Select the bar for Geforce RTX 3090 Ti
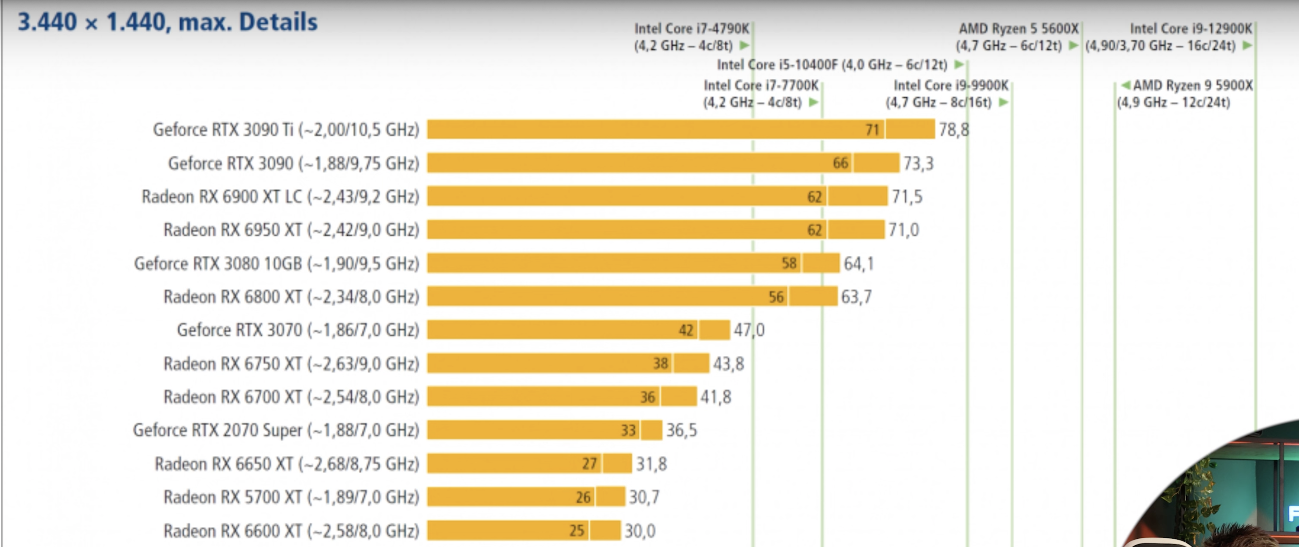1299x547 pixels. pos(655,130)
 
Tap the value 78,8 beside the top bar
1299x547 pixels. pos(954,130)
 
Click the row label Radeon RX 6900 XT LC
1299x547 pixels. pos(280,197)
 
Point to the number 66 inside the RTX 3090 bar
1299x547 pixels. pos(840,163)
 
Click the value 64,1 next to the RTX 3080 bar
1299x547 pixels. pos(859,264)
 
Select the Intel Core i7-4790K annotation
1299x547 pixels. pos(691,37)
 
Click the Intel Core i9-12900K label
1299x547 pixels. pos(1191,29)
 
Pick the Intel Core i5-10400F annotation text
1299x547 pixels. pos(832,65)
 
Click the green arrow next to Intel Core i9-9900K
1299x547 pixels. pos(1003,103)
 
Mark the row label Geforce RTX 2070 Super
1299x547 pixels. pos(276,431)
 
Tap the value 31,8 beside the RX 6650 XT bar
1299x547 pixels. pos(651,464)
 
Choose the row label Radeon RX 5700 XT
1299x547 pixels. pos(291,498)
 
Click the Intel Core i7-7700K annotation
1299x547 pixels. pos(760,94)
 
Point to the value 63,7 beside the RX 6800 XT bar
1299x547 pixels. pos(856,297)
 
